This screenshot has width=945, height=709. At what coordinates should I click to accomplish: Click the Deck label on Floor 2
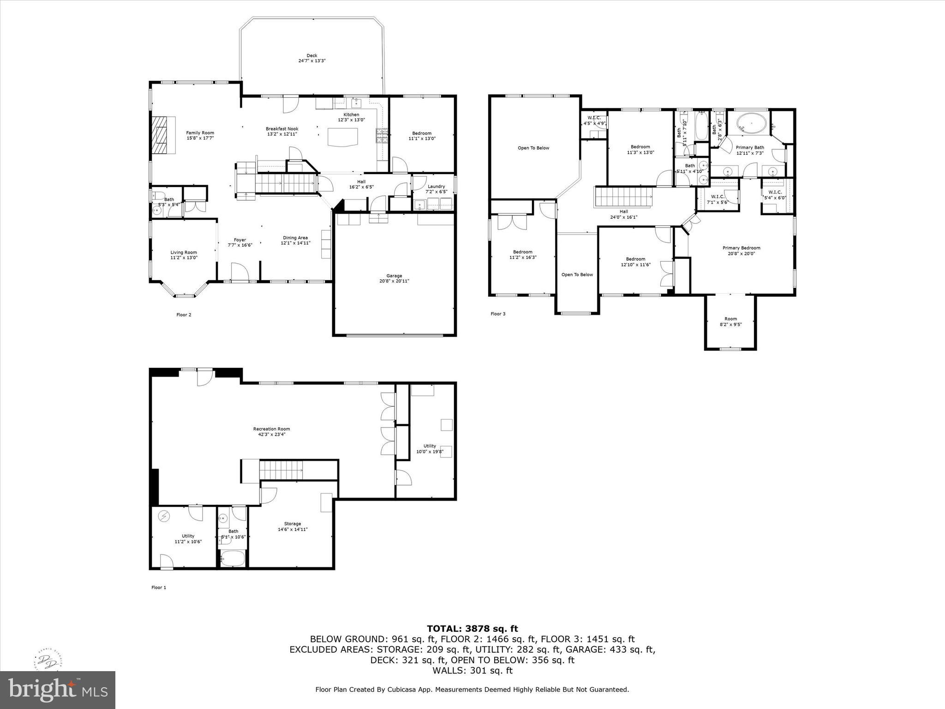[312, 56]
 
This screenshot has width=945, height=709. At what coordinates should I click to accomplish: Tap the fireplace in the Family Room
[162, 134]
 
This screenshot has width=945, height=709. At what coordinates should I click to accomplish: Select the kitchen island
[342, 137]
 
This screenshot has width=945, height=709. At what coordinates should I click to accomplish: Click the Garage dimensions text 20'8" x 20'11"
[394, 281]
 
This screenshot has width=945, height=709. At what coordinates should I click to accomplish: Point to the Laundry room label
[436, 186]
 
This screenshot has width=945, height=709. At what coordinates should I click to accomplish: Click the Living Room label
[184, 252]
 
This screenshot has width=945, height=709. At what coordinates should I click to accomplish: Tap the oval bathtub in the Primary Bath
[752, 124]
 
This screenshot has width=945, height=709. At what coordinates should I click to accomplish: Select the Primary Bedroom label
[741, 248]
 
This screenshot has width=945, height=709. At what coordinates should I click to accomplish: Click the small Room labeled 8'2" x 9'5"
[730, 321]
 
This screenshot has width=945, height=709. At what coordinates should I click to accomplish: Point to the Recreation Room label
[271, 429]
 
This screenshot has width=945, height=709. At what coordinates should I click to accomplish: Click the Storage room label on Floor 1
[293, 523]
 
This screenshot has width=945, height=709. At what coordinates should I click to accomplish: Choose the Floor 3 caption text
[498, 314]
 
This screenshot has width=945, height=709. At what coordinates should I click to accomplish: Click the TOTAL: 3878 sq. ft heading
[472, 629]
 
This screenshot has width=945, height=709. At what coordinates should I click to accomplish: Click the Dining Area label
[295, 238]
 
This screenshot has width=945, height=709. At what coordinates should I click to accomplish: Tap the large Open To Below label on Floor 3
[533, 148]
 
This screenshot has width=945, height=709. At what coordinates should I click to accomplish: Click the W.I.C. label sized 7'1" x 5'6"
[718, 197]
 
